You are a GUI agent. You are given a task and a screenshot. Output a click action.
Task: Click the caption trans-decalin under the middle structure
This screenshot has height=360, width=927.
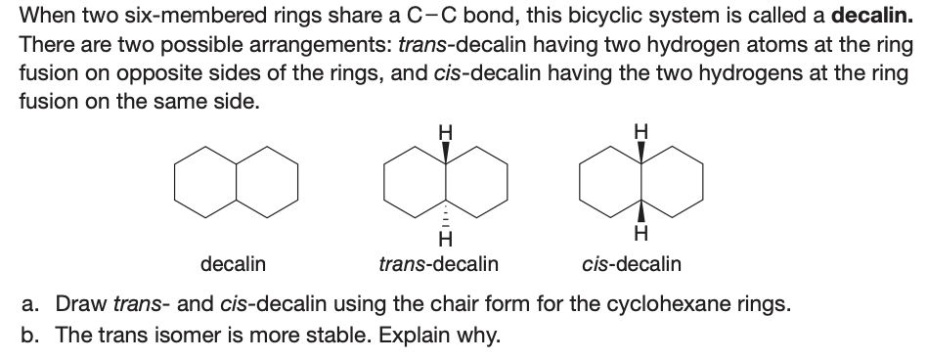(438, 264)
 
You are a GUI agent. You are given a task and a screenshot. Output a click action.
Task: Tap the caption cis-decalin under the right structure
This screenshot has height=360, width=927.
(632, 264)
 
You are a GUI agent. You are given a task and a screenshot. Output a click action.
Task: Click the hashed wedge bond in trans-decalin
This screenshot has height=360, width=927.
(446, 213)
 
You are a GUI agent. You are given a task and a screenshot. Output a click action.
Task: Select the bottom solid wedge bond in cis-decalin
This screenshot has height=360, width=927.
(641, 213)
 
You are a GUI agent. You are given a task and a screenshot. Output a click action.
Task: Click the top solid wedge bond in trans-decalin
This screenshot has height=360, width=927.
(446, 151)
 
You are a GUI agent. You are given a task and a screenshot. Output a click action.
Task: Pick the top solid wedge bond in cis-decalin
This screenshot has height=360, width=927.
(641, 151)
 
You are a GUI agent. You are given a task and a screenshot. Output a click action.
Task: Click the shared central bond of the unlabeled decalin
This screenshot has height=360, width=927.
(236, 183)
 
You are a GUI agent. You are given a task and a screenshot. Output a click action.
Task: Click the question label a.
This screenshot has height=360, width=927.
(30, 303)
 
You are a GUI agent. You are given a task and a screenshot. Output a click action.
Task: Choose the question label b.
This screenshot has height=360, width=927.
(30, 335)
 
